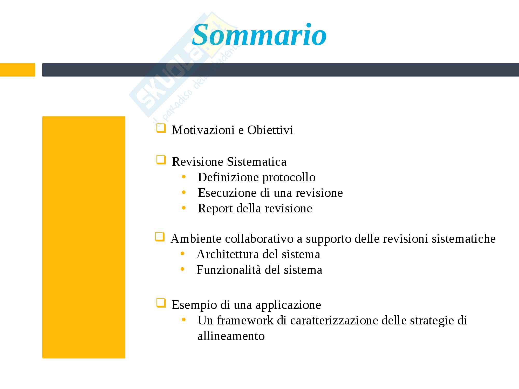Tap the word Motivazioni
point(203,130)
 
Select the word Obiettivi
point(270,130)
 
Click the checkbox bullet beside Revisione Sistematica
point(161,160)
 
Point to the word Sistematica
point(257,162)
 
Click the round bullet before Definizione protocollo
point(184,177)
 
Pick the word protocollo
point(289,178)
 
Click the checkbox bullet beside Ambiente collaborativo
point(160,237)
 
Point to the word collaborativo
point(259,239)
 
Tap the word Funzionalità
point(229,270)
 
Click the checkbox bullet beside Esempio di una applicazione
point(161,303)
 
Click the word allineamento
point(231,336)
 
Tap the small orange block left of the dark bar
point(18,70)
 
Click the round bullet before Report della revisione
point(184,208)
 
